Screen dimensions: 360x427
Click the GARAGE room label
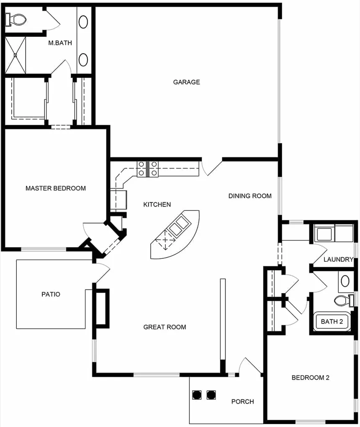click(x=186, y=82)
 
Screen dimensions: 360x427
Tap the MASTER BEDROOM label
click(x=56, y=188)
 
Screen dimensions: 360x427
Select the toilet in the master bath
click(x=16, y=20)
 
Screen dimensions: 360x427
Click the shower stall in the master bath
click(x=15, y=55)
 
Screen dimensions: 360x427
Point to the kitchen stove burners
click(x=147, y=169)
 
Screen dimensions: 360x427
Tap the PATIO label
click(x=51, y=294)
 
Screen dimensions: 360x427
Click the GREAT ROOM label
click(x=165, y=327)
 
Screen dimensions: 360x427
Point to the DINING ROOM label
click(x=250, y=196)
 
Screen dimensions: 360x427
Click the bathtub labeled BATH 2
click(x=332, y=321)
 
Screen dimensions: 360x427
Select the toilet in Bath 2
click(x=344, y=300)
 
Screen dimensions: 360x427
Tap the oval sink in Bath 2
click(x=345, y=281)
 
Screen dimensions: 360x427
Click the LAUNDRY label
click(x=339, y=259)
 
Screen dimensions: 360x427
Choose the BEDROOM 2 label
click(x=311, y=377)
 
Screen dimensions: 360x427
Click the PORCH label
click(x=242, y=401)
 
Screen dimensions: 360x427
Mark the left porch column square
click(x=197, y=395)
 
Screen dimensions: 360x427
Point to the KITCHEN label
click(x=157, y=205)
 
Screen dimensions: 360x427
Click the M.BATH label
click(x=60, y=43)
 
